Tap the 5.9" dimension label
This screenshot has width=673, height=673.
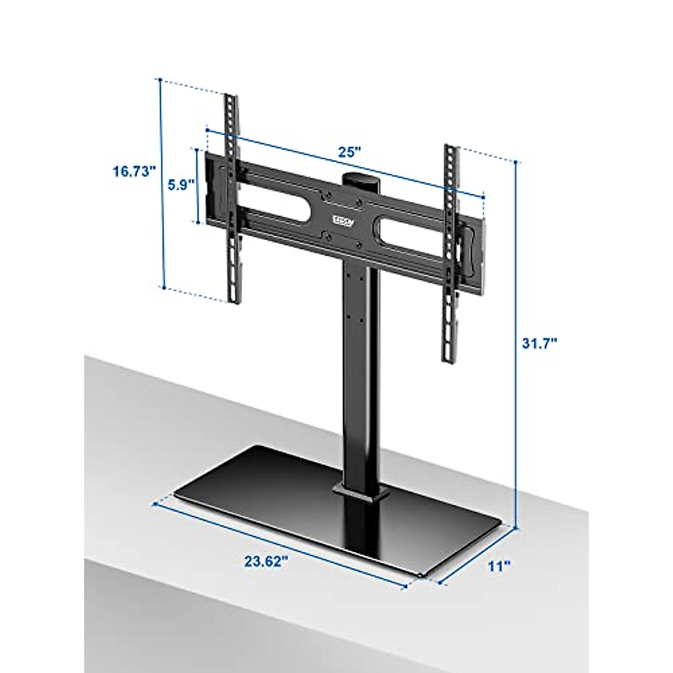click(181, 184)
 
